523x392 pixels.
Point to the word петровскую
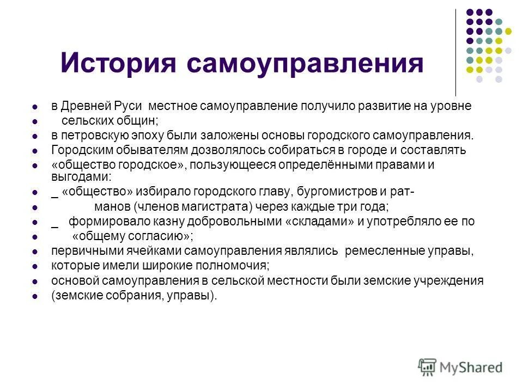(95, 135)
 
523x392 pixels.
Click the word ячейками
(157, 251)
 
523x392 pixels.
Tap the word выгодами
(81, 176)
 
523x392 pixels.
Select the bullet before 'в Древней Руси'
(34, 107)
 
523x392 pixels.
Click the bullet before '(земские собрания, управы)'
(34, 297)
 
